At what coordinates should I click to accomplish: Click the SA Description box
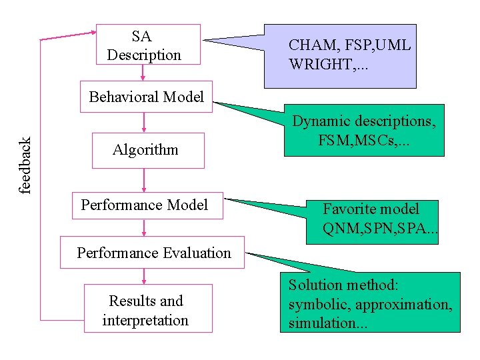[x=148, y=45]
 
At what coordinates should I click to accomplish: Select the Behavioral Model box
[x=146, y=97]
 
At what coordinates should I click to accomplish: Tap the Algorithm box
[x=145, y=149]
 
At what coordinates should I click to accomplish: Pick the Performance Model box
[x=145, y=205]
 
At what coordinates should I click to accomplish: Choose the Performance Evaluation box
[x=153, y=253]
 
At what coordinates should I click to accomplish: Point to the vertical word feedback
[x=25, y=165]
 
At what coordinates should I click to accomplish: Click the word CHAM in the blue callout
[x=310, y=46]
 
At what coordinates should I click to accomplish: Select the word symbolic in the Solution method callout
[x=313, y=305]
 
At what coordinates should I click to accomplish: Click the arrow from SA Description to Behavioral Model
[x=143, y=73]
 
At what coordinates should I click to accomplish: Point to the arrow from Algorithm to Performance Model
[x=144, y=179]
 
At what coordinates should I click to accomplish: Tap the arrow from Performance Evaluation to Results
[x=143, y=276]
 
